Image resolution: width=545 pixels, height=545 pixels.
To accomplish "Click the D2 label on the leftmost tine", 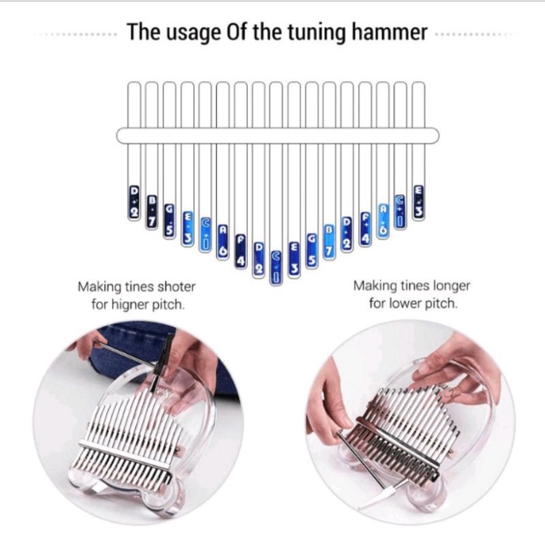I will pyautogui.click(x=134, y=202).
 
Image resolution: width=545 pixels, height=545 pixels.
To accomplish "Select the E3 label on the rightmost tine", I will pyautogui.click(x=418, y=202).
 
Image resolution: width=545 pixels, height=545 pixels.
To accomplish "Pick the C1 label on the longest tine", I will pyautogui.click(x=276, y=267).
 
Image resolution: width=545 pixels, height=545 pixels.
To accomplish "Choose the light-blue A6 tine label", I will pyautogui.click(x=383, y=220).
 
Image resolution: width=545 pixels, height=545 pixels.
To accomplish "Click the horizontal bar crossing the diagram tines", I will pyautogui.click(x=277, y=135).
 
